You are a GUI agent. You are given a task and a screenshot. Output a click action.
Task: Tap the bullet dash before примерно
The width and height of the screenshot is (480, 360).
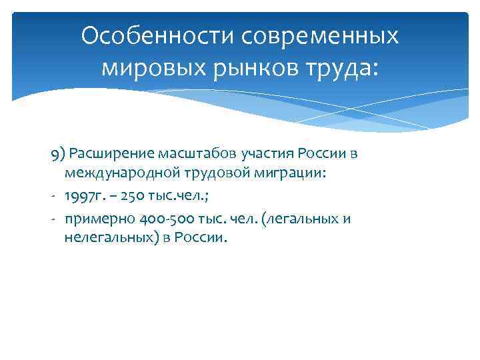pos(53,217)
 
